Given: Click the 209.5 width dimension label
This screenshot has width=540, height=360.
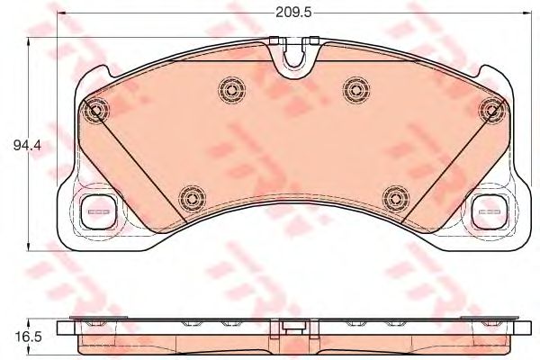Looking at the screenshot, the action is coord(293,13).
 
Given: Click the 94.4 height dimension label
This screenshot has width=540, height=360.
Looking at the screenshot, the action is coord(27,145).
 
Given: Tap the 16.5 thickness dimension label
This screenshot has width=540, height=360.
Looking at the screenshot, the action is coord(28,337).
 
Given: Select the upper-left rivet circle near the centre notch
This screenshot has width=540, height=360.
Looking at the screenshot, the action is coord(232,90).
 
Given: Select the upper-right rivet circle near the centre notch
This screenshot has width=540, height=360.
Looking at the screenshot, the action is coord(356,90).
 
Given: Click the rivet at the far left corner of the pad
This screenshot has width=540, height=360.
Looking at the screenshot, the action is coord(94,110).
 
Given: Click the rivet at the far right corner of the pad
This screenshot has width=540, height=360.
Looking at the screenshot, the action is coord(493,110).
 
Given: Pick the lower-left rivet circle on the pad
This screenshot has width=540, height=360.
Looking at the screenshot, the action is coord(193,199).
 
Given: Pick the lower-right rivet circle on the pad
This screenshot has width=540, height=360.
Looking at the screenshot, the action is coord(396,199).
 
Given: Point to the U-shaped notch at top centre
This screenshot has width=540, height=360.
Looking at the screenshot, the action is coord(293,58).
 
